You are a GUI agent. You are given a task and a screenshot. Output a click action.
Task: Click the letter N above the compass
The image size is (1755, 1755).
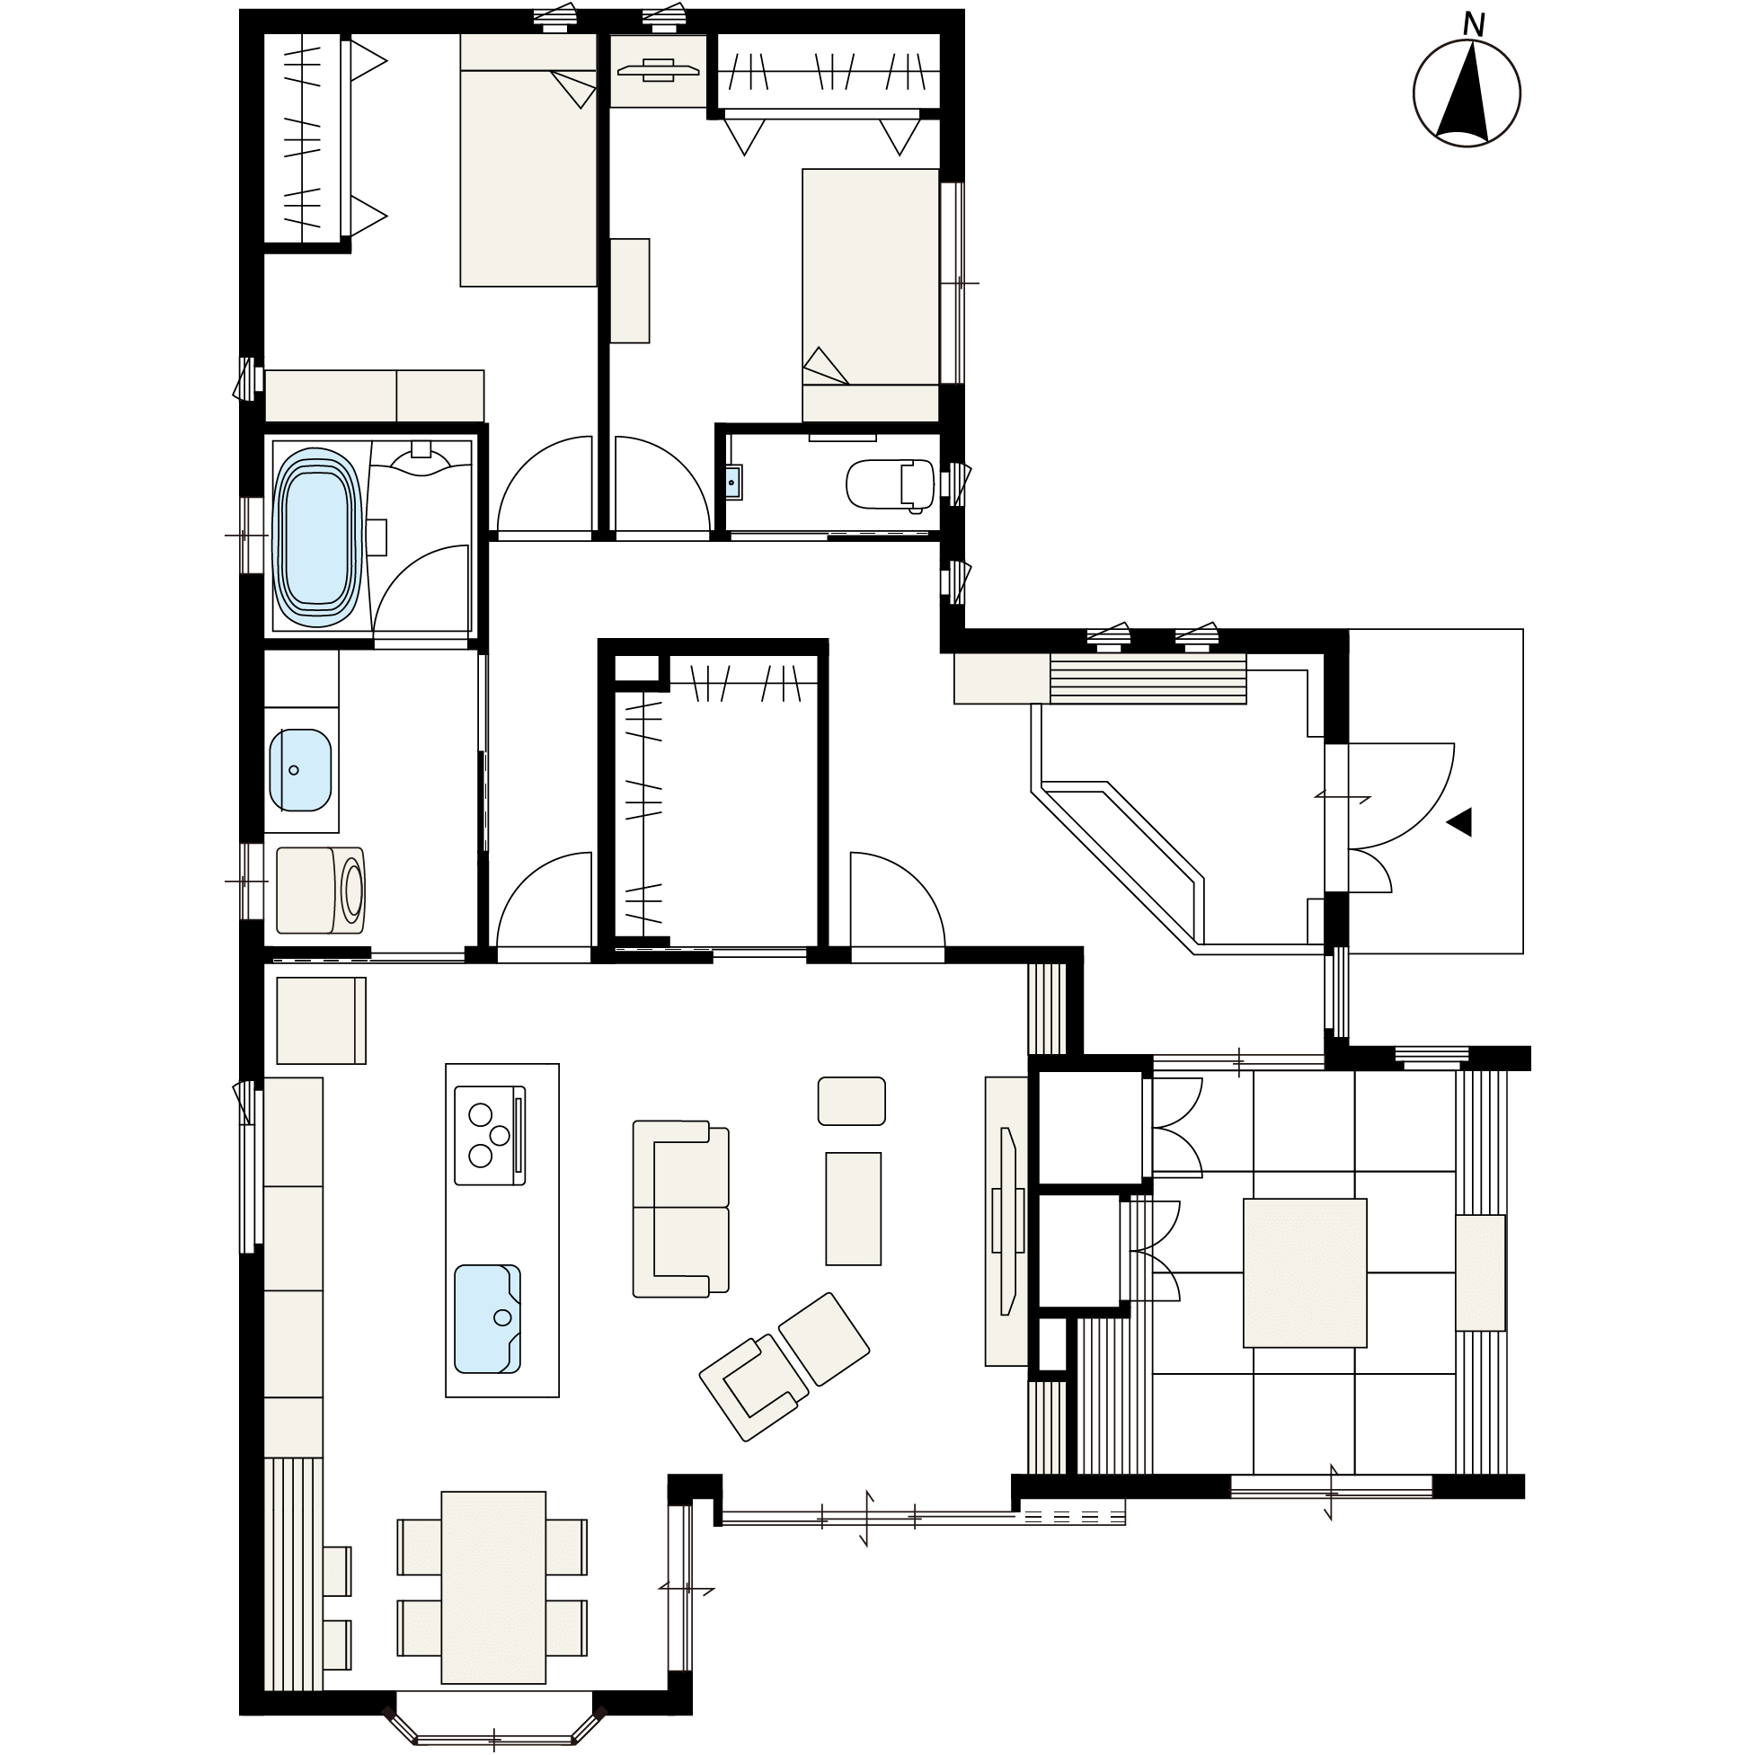pyautogui.click(x=1474, y=25)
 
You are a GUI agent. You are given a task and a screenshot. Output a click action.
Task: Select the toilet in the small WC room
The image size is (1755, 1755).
pyautogui.click(x=890, y=483)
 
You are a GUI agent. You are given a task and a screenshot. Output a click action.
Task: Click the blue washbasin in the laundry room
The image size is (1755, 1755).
pyautogui.click(x=301, y=770)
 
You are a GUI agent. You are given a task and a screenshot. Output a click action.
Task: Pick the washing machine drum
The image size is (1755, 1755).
pyautogui.click(x=353, y=891)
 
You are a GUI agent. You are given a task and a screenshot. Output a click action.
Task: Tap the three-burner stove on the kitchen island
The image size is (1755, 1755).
pyautogui.click(x=490, y=1135)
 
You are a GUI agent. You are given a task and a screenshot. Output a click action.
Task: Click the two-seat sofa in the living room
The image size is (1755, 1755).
pyautogui.click(x=681, y=1209)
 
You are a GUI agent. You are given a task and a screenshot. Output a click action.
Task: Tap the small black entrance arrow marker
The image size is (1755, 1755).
pyautogui.click(x=1459, y=821)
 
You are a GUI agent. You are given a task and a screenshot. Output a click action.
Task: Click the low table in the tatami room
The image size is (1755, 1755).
pyautogui.click(x=1305, y=1272)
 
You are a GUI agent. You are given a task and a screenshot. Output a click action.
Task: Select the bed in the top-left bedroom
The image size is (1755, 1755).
pyautogui.click(x=528, y=160)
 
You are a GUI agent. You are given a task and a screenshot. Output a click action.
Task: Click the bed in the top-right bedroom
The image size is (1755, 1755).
pyautogui.click(x=870, y=296)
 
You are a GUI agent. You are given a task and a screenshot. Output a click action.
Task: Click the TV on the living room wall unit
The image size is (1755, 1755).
pyautogui.click(x=1007, y=1221)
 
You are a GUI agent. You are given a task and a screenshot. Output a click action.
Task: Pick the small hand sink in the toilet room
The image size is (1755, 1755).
pyautogui.click(x=734, y=483)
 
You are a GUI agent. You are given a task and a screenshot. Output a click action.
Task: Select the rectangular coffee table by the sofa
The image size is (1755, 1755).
pyautogui.click(x=853, y=1208)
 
